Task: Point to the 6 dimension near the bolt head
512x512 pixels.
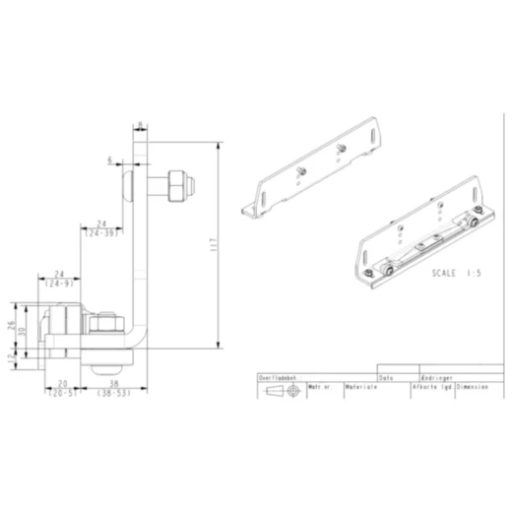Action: [x=112, y=158]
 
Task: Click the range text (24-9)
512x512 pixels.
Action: [x=59, y=283]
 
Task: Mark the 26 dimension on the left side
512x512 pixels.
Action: [x=12, y=325]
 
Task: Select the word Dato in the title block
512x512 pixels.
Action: [x=386, y=377]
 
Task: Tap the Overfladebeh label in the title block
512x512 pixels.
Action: [x=278, y=377]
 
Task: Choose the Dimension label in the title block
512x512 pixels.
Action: [x=472, y=388]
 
